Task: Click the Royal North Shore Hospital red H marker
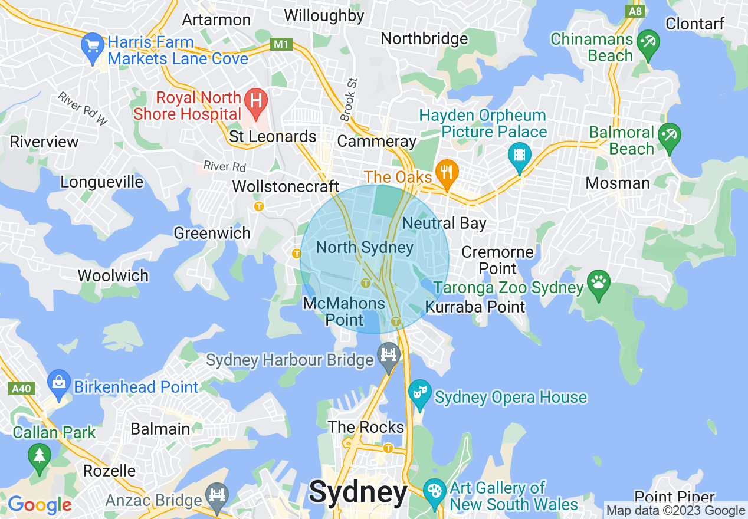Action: [x=256, y=100]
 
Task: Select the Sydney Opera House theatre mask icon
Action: [x=419, y=392]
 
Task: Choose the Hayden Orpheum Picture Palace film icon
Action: [x=519, y=155]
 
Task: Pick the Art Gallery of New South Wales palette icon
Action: [x=435, y=491]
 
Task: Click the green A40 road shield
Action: [x=22, y=389]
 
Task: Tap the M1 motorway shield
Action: [x=281, y=44]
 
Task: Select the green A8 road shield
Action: [x=635, y=11]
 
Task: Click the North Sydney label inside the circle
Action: [x=365, y=247]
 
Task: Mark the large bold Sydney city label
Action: [x=358, y=492]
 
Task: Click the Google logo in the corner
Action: [x=40, y=505]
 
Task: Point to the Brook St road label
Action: [x=349, y=100]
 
